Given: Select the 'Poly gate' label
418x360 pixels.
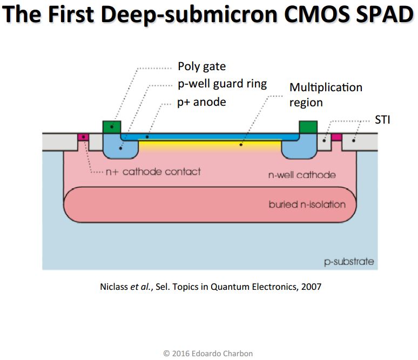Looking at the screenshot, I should (x=201, y=67).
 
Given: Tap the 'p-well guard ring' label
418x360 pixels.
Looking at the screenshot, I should (x=222, y=84).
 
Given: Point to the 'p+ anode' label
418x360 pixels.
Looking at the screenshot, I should (x=201, y=102).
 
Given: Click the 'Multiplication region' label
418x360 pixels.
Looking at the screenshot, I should (x=326, y=94).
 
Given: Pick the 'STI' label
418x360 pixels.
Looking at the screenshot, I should (x=382, y=119).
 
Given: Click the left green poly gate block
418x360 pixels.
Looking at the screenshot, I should (x=111, y=127).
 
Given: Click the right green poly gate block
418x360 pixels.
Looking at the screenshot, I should (x=308, y=127).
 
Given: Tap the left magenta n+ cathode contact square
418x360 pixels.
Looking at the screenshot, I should (x=83, y=137).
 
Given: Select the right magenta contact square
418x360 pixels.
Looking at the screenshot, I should (x=336, y=137).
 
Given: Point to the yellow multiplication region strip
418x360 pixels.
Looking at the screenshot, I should (x=211, y=144).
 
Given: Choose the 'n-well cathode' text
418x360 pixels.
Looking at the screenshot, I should (x=302, y=175).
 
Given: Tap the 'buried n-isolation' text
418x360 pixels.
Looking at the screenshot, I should (x=307, y=205).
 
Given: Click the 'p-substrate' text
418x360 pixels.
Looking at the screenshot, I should (x=349, y=262).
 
